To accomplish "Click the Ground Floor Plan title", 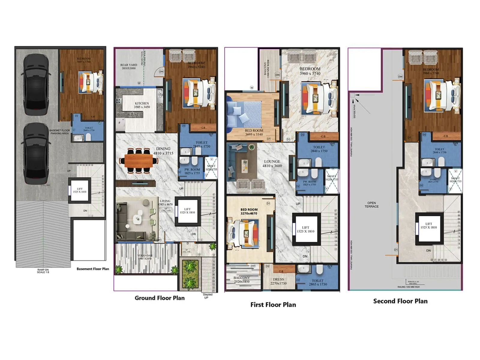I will (160, 298).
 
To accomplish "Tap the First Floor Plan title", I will (273, 304).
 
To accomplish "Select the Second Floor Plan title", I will (400, 301).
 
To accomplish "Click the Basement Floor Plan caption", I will (93, 269).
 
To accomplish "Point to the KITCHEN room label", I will (142, 105).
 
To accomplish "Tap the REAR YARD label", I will (129, 66).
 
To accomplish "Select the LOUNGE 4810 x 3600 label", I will (272, 163).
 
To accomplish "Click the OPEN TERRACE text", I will (371, 205).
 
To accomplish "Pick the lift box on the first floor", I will (306, 229).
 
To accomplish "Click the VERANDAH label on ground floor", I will (145, 257).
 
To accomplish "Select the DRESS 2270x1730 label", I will (278, 281).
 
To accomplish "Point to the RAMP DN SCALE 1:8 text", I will (43, 271).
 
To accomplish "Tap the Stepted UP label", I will (207, 296).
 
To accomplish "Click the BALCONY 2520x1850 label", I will (241, 280).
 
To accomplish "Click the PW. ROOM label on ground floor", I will (192, 171).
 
